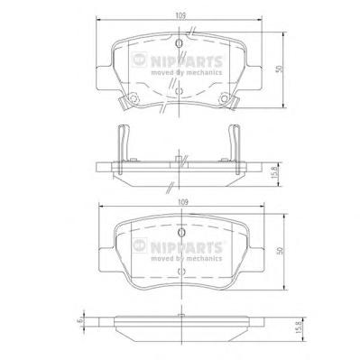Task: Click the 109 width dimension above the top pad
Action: pos(180,15)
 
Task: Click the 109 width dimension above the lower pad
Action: pos(183,202)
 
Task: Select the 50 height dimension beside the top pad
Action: pos(280,69)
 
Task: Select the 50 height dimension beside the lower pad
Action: pos(280,251)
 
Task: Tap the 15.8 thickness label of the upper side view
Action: pos(274,172)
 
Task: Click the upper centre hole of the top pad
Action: pos(179,43)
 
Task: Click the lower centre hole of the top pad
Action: pos(179,91)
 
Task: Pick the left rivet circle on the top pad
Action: pos(134,98)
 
